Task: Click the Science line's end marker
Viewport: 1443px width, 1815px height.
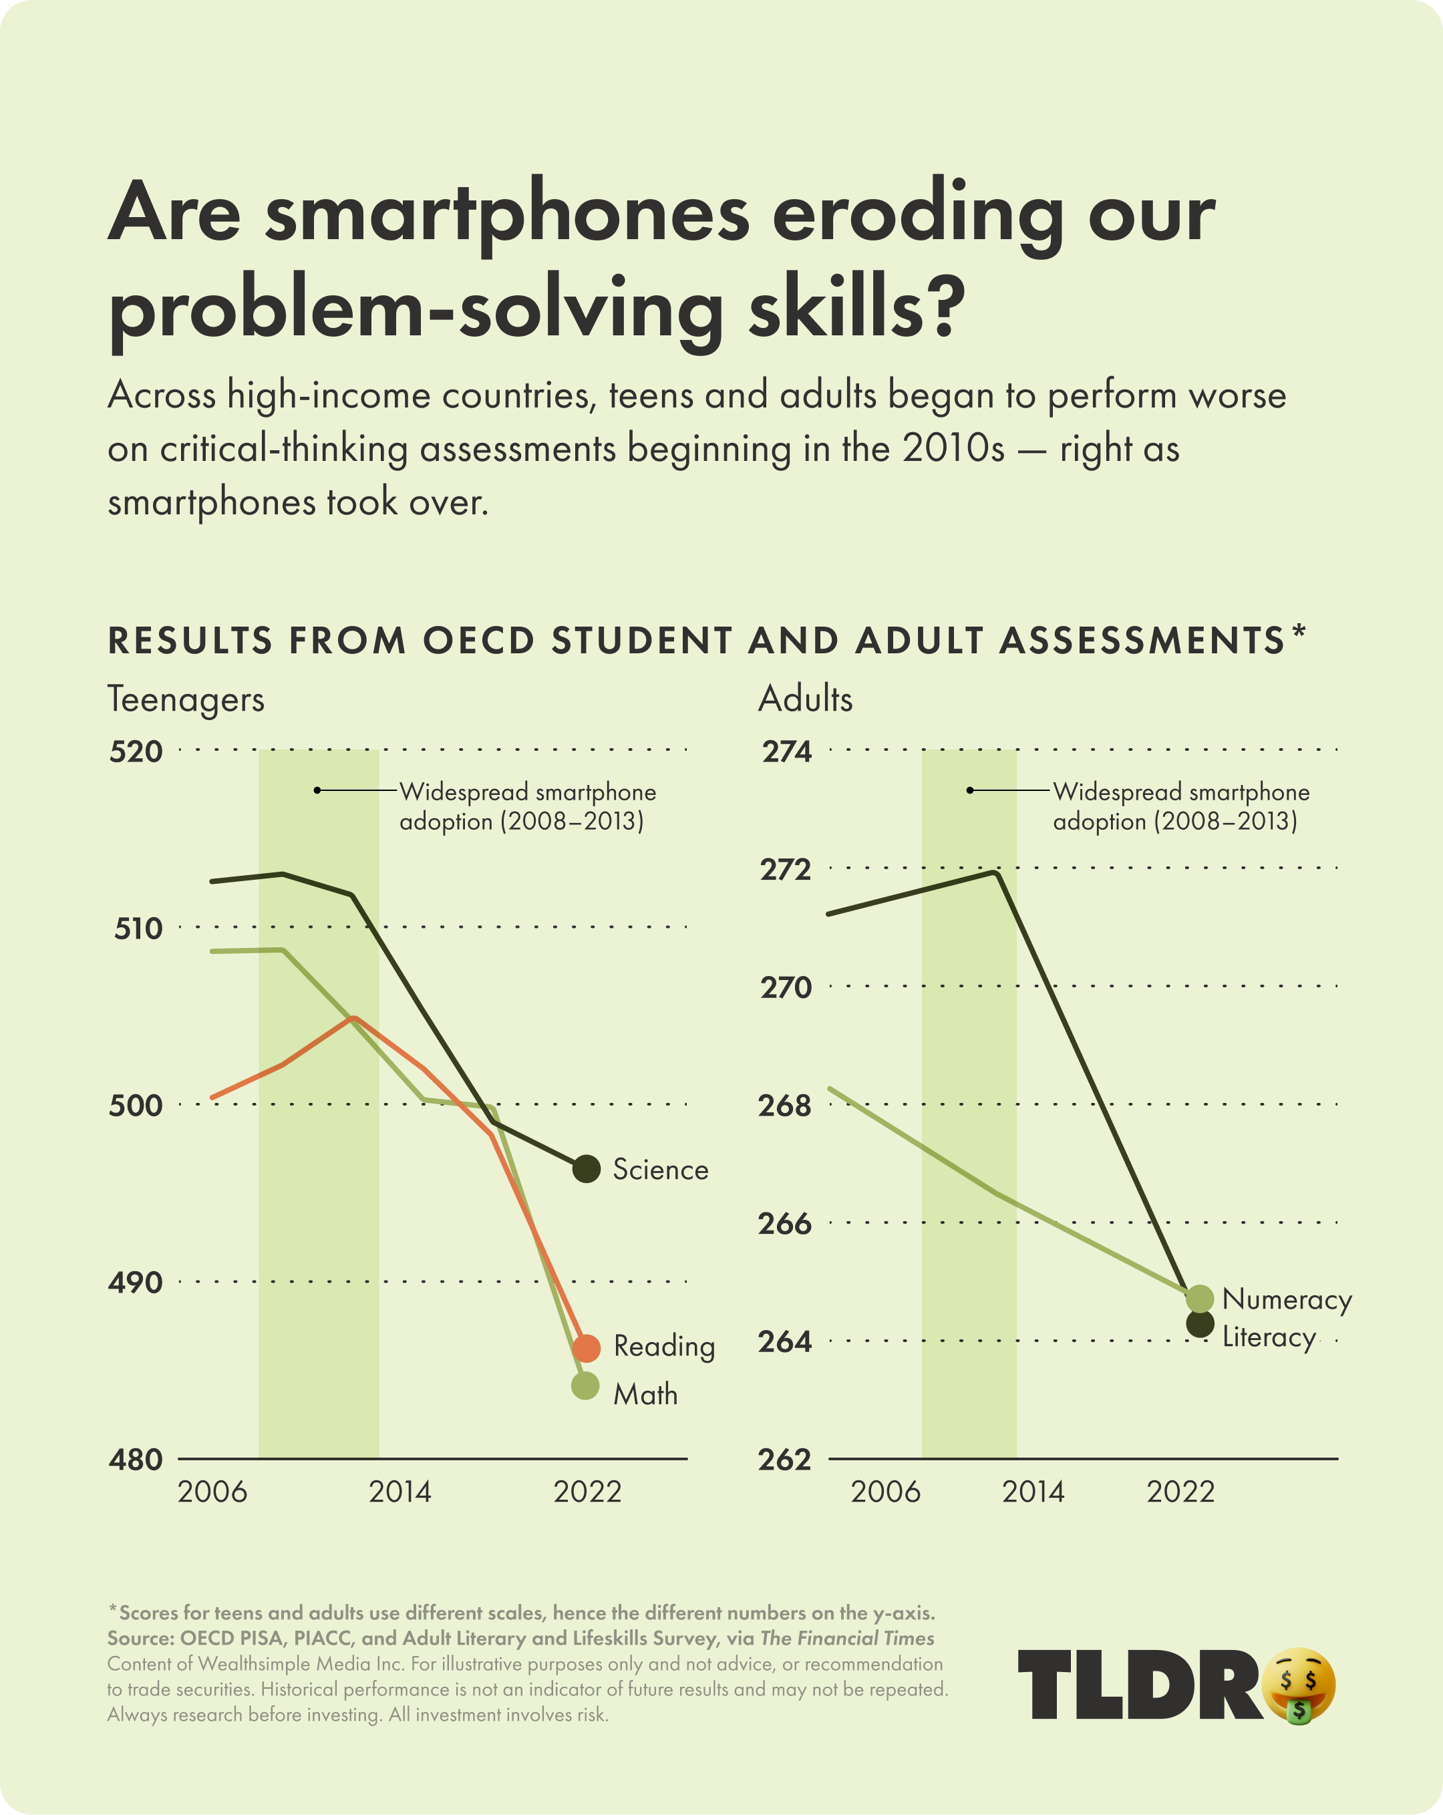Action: [x=586, y=1168]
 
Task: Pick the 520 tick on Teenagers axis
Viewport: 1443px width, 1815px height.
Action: [x=136, y=751]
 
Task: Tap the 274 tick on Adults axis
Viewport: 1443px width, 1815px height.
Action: [x=787, y=751]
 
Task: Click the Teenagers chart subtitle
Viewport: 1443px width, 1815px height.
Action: [x=186, y=699]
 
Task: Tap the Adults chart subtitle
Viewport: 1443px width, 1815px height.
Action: [x=806, y=699]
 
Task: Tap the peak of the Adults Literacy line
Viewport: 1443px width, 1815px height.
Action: [x=997, y=873]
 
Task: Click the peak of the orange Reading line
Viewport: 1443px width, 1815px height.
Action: [x=355, y=1018]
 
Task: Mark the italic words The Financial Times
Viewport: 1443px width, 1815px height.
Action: [x=847, y=1638]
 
